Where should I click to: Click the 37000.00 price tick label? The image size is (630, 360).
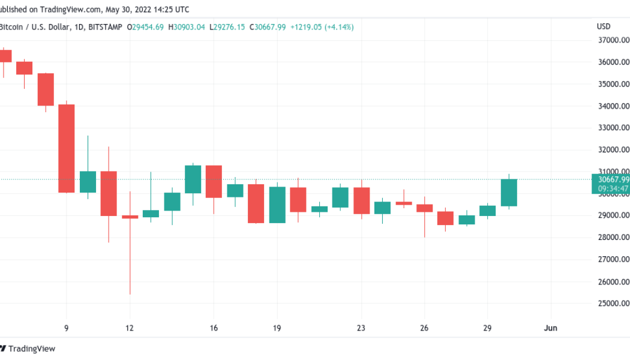[613, 40]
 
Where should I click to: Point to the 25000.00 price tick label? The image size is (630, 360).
[613, 304]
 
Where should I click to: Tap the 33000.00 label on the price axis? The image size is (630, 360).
[613, 128]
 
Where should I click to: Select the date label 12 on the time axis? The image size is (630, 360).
[130, 328]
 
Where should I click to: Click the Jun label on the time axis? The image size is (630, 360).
[550, 328]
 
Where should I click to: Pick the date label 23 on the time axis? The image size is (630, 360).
[361, 328]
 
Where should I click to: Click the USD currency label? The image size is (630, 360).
[604, 26]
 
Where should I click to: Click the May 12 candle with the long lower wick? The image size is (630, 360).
[130, 217]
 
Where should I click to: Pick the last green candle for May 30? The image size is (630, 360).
[509, 193]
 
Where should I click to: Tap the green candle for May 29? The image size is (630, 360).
[487, 211]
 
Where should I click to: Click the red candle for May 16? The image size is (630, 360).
[214, 181]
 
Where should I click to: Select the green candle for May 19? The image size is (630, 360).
[277, 205]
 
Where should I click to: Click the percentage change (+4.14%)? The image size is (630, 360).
[339, 27]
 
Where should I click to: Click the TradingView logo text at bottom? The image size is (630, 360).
[32, 349]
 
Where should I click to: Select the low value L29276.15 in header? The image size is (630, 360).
[227, 27]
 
